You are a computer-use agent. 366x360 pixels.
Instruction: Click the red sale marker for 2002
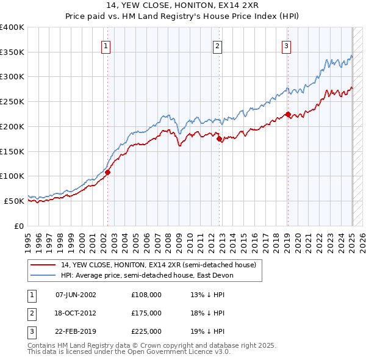pyautogui.click(x=107, y=172)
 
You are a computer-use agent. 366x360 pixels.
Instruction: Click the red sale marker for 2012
pyautogui.click(x=220, y=139)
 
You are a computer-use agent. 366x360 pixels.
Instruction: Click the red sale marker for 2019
pyautogui.click(x=288, y=114)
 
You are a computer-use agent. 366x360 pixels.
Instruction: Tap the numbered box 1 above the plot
pyautogui.click(x=106, y=45)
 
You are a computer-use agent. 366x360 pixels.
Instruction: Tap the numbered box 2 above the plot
pyautogui.click(x=218, y=45)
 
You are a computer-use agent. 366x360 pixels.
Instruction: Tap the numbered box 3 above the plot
pyautogui.click(x=286, y=45)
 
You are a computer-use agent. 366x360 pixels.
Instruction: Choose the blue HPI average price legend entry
pyautogui.click(x=147, y=276)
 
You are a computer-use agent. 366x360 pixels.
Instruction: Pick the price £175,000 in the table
pyautogui.click(x=146, y=313)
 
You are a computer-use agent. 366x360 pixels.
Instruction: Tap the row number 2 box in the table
pyautogui.click(x=30, y=313)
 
